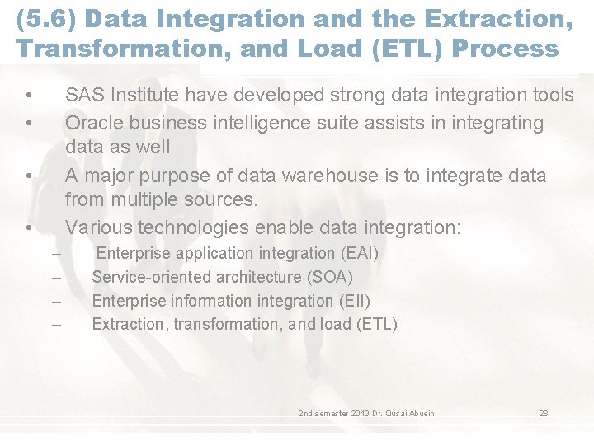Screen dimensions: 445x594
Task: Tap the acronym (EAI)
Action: (359, 254)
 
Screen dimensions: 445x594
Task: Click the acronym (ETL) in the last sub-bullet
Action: (377, 324)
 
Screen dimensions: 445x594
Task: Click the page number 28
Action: (544, 413)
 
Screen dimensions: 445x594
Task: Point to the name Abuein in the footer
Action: (420, 413)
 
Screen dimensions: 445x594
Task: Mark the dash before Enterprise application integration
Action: (56, 255)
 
